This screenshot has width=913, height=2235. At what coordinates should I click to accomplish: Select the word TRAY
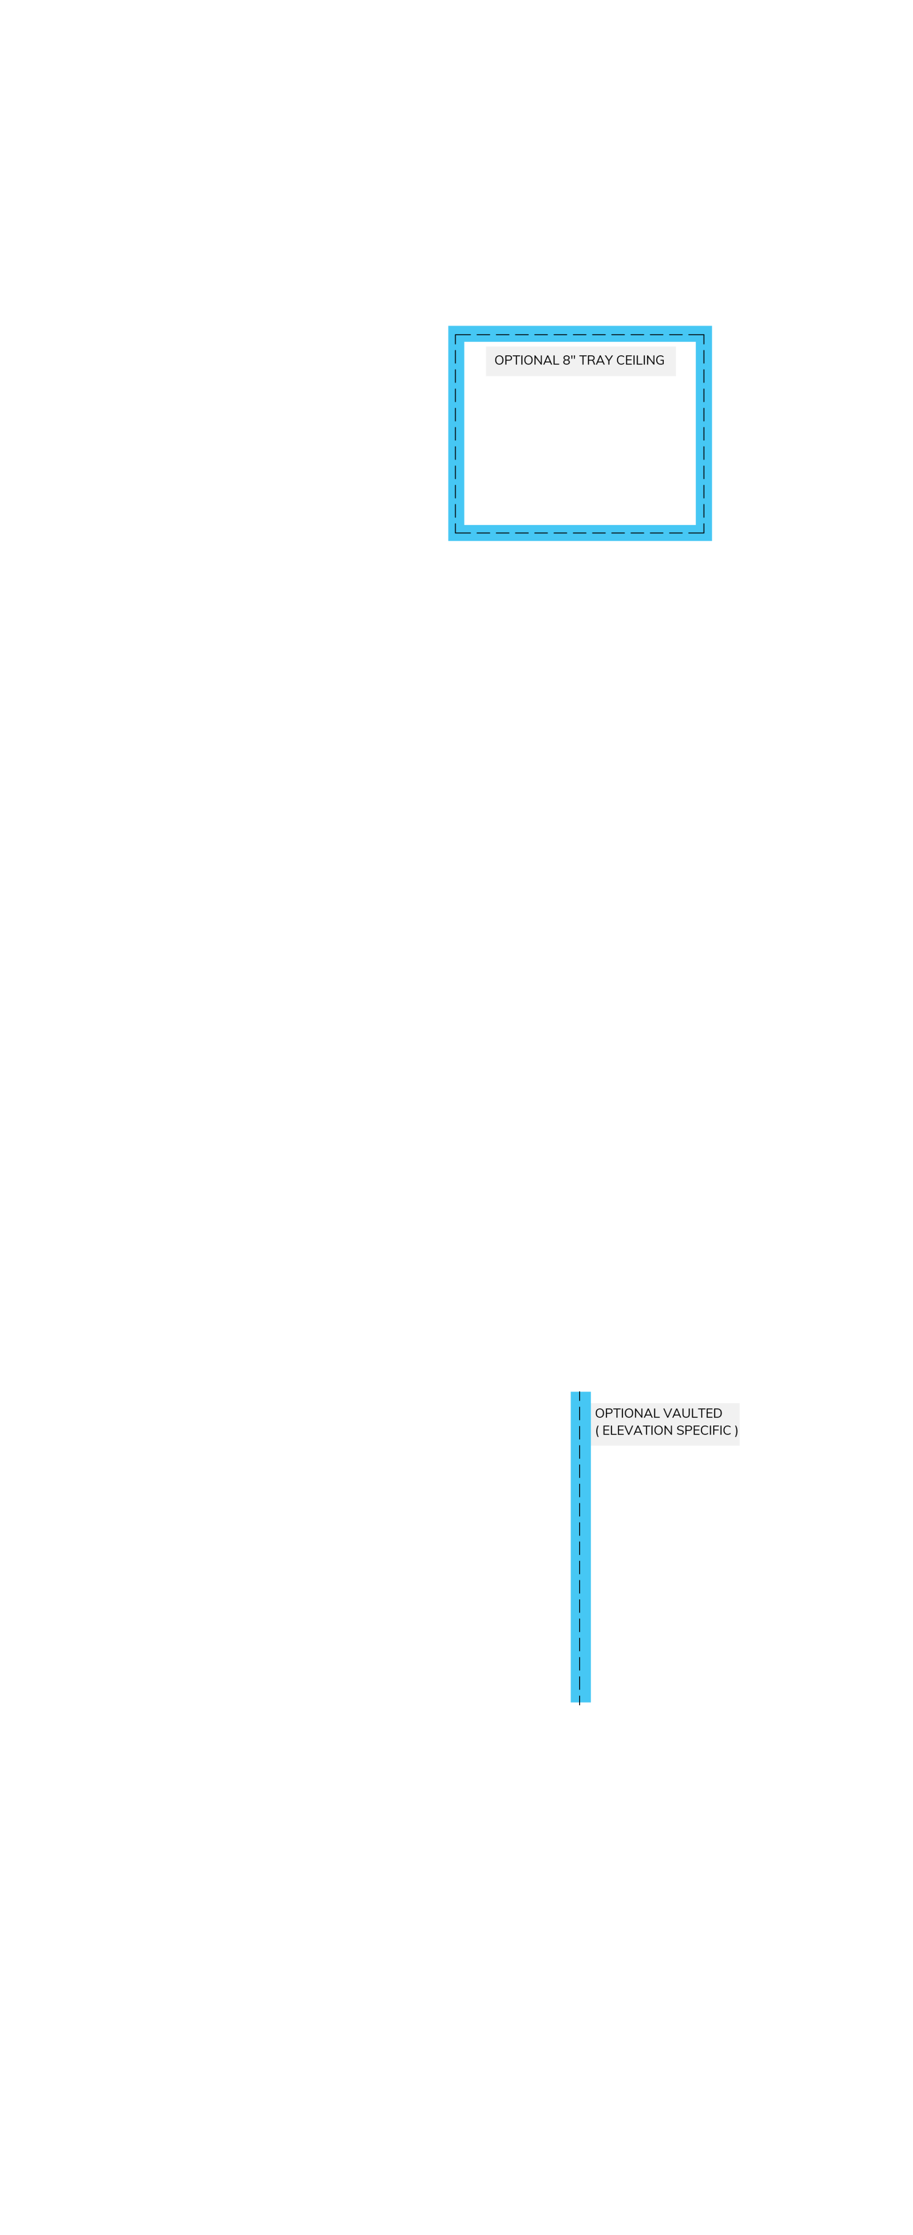click(596, 360)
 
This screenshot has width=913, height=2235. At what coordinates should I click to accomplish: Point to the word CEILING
click(641, 360)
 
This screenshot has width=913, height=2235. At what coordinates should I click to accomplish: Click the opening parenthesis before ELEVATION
click(597, 1431)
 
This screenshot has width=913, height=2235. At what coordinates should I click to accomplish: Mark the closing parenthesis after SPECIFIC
click(736, 1431)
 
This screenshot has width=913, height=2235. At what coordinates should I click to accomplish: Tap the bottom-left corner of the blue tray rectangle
click(448, 540)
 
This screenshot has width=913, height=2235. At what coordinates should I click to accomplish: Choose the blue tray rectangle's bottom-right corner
click(711, 540)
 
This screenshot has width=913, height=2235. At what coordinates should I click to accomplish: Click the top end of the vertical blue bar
click(580, 1393)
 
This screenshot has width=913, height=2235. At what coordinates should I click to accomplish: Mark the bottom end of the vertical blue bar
click(580, 1701)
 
